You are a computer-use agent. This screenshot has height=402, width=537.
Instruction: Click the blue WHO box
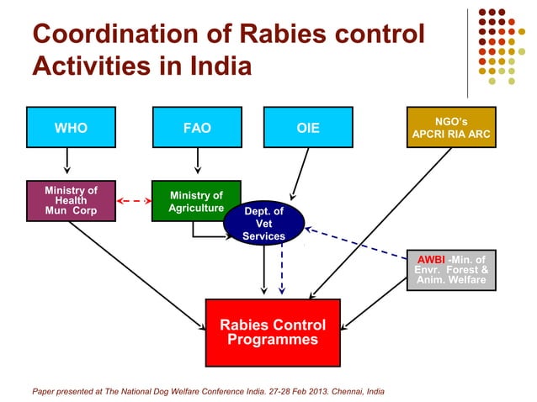pyautogui.click(x=71, y=128)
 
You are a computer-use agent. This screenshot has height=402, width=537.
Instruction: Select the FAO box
pyautogui.click(x=197, y=128)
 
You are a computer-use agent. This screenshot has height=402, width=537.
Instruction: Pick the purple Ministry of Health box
pyautogui.click(x=71, y=201)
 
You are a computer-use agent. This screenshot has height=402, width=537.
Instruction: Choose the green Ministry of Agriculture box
pyautogui.click(x=196, y=201)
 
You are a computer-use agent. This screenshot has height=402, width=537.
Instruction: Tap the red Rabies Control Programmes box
pyautogui.click(x=273, y=332)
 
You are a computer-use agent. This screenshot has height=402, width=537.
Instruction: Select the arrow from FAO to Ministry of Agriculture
pyautogui.click(x=197, y=160)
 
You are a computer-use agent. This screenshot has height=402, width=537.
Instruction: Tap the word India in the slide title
pyautogui.click(x=215, y=65)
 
